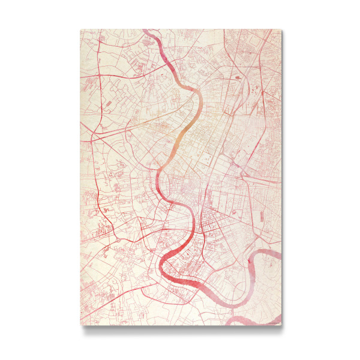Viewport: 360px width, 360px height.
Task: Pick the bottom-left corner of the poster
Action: click(x=80, y=326)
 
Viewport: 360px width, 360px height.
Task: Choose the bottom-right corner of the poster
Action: click(x=280, y=326)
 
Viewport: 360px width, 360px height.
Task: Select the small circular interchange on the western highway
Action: click(x=106, y=211)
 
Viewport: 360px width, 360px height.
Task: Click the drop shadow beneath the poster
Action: click(x=180, y=329)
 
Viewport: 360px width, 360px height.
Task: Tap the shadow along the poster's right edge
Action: click(x=283, y=180)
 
